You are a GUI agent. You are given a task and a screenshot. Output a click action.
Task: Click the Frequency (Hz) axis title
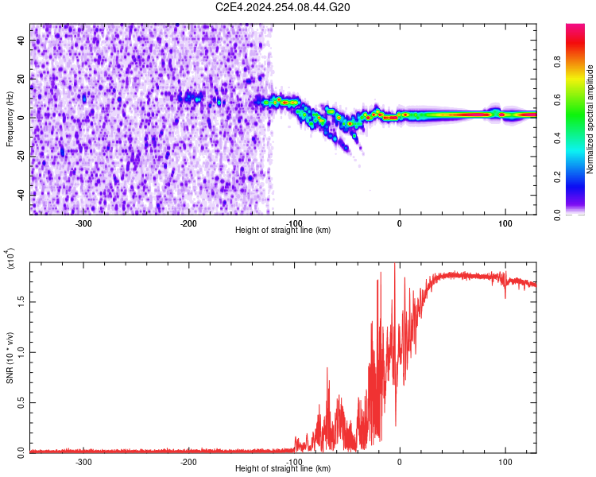10,119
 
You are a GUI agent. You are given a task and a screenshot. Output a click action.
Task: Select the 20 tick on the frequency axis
22,79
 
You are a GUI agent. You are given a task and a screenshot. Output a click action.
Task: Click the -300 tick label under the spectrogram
83,222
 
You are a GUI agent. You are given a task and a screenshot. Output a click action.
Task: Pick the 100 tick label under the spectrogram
505,222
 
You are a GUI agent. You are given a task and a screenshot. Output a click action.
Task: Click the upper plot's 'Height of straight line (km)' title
283,230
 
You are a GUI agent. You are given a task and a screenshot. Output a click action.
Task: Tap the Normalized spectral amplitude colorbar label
590,119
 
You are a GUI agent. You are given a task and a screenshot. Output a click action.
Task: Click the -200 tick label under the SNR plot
188,460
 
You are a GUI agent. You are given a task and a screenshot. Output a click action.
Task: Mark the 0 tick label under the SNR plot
400,460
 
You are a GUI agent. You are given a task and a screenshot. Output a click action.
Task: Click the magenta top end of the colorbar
575,28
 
